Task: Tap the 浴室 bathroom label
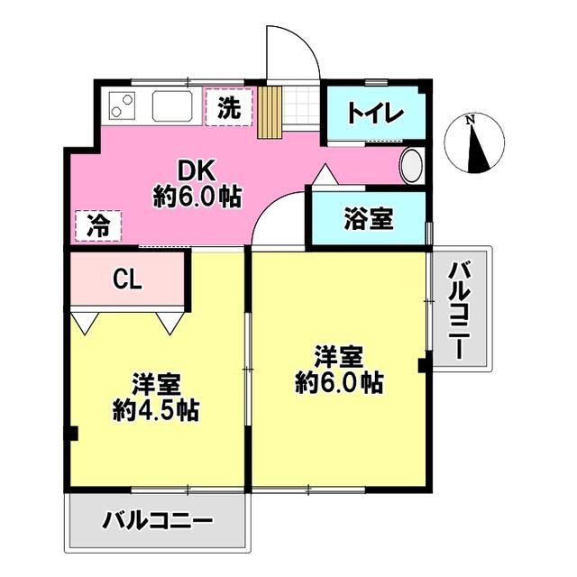[x=368, y=217]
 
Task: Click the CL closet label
[x=127, y=279]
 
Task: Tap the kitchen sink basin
[x=174, y=107]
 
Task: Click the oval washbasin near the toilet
[x=411, y=166]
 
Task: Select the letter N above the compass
[x=470, y=120]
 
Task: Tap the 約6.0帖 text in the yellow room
[x=339, y=381]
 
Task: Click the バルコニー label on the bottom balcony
[x=156, y=521]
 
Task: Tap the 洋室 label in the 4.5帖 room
[x=155, y=384]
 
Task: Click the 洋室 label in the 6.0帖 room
[x=338, y=354]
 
